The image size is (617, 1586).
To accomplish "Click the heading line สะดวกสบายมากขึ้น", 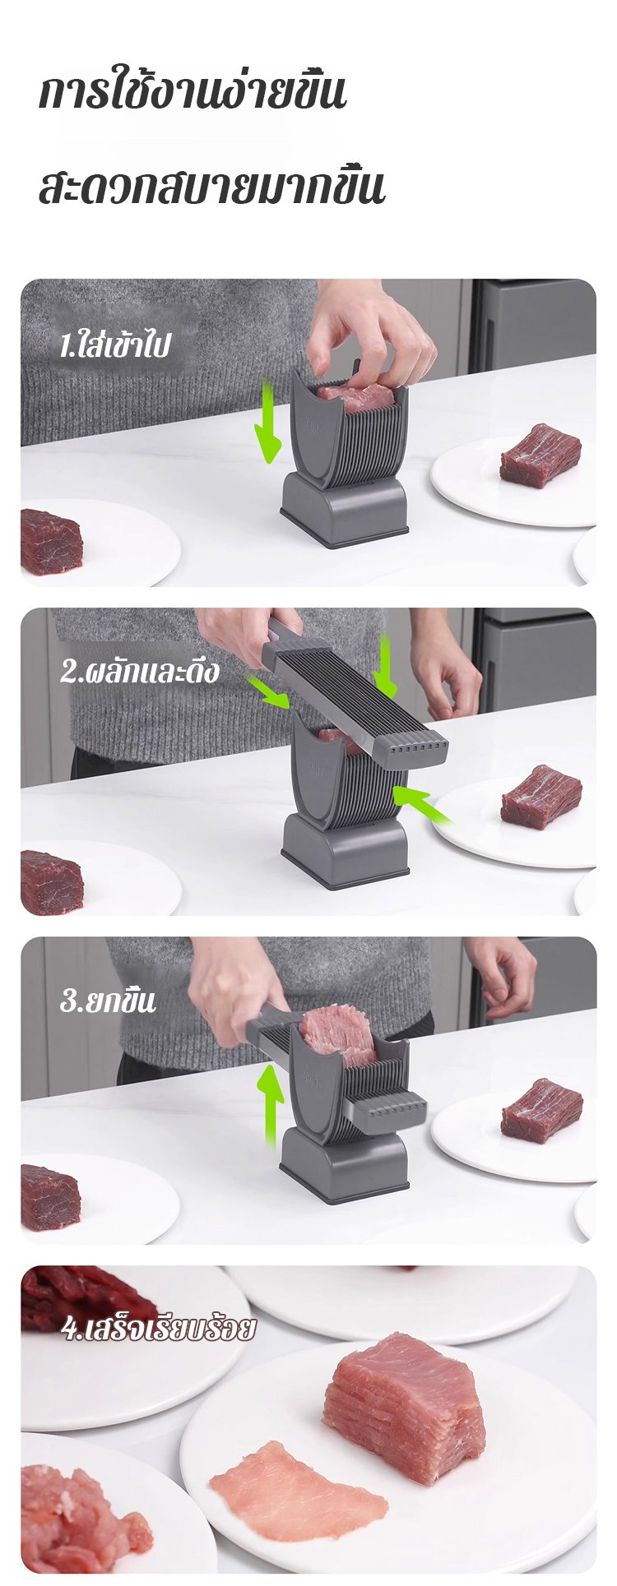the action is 211,187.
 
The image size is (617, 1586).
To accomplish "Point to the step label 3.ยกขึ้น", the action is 108,1001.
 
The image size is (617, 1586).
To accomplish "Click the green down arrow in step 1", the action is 267,421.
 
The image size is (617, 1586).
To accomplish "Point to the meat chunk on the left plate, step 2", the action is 51,882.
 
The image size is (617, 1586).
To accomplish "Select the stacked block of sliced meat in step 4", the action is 404,1408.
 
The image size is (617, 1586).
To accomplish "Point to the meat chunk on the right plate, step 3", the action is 542,1110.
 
